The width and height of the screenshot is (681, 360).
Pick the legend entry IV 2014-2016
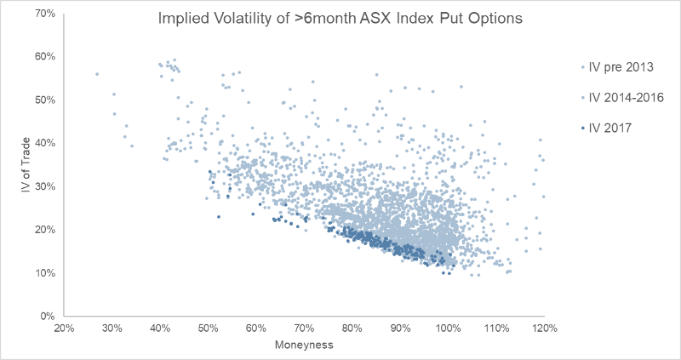click(x=619, y=98)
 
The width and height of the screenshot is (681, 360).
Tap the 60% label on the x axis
click(x=256, y=329)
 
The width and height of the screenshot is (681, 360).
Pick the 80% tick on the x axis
click(x=352, y=329)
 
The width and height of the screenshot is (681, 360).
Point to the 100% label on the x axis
click(x=449, y=329)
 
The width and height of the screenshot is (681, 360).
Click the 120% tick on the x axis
click(x=545, y=329)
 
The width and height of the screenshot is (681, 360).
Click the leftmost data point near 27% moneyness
click(x=97, y=74)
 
